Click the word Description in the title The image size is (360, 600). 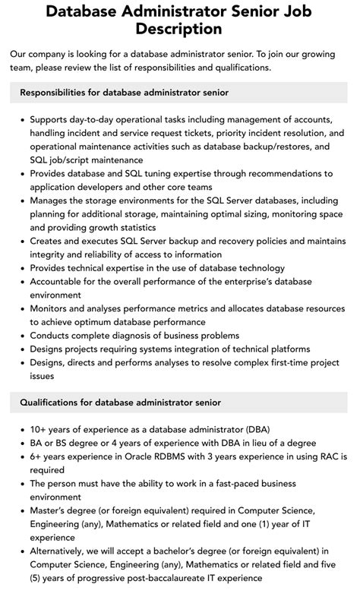(179, 29)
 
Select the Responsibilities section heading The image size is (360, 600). (125, 92)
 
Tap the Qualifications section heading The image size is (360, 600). (121, 402)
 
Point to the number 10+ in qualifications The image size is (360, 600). (40, 429)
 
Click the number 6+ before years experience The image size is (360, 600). (37, 456)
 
